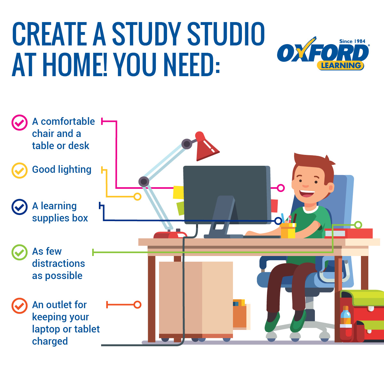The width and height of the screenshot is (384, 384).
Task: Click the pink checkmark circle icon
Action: click(x=20, y=122)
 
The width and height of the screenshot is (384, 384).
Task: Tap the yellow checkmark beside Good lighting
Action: click(x=20, y=170)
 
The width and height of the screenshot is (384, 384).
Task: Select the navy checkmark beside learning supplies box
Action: click(x=20, y=207)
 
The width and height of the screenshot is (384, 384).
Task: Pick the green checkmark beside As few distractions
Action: click(x=20, y=252)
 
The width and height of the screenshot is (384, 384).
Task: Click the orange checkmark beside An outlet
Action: click(x=20, y=306)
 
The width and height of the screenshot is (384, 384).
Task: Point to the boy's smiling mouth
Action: click(x=307, y=194)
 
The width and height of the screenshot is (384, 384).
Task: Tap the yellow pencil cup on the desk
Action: click(x=288, y=230)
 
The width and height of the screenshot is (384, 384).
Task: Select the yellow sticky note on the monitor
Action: click(x=178, y=192)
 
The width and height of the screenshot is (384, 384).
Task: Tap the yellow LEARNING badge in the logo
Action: click(x=340, y=66)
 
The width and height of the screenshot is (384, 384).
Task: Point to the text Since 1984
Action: click(x=352, y=41)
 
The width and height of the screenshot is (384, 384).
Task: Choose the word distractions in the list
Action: click(x=58, y=263)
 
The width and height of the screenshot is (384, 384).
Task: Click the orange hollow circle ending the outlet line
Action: click(x=137, y=305)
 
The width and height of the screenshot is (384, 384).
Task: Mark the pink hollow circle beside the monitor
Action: click(x=281, y=188)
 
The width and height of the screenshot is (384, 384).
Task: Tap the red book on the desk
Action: click(x=349, y=233)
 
